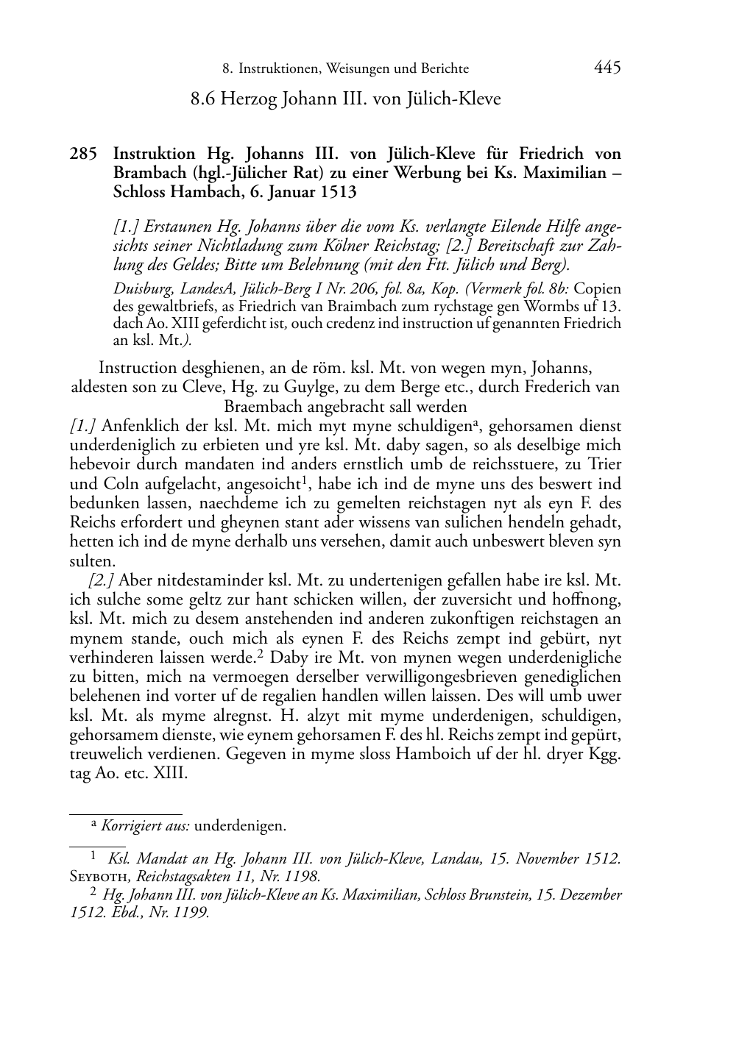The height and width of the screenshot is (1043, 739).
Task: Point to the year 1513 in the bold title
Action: click(x=339, y=193)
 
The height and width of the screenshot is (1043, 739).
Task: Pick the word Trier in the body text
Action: click(x=604, y=465)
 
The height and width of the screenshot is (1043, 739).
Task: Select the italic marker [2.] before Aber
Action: click(x=101, y=580)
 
